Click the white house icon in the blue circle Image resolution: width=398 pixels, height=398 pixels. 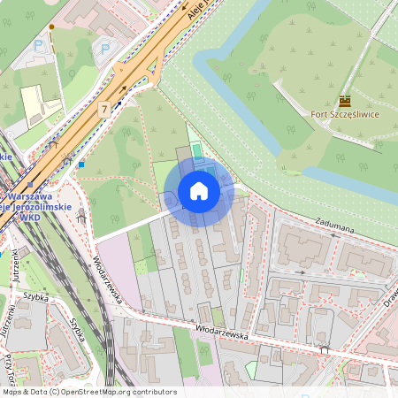point(199,191)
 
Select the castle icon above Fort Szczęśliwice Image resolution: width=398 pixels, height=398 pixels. point(345,101)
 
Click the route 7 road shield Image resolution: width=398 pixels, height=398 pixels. point(104,109)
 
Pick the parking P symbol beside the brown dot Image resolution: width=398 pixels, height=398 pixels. point(38,44)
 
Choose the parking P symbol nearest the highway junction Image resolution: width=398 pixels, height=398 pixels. point(105,50)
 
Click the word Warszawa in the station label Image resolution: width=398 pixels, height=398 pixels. point(27,195)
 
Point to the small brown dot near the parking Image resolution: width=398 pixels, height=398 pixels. point(51,27)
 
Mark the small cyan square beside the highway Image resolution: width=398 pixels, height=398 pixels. point(81,163)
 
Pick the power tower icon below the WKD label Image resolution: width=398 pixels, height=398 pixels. point(81,213)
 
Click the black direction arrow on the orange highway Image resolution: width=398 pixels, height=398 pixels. point(122,88)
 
